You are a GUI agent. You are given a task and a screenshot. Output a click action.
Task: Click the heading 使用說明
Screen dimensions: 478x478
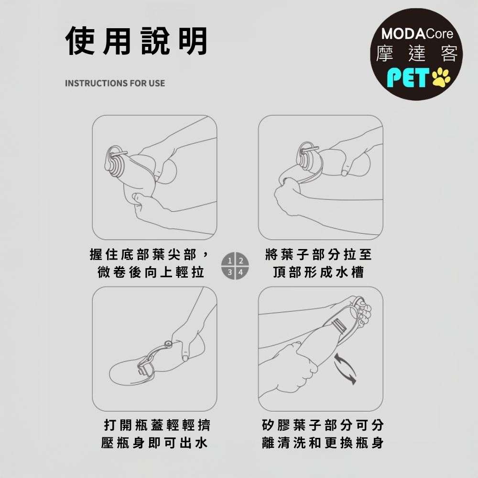click(136, 41)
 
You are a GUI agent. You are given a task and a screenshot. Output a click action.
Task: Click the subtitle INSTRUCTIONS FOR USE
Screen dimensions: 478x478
click(115, 83)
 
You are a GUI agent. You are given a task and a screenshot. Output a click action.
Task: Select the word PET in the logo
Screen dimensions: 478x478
click(408, 77)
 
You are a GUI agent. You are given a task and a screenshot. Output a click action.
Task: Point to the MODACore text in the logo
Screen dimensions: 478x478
click(417, 33)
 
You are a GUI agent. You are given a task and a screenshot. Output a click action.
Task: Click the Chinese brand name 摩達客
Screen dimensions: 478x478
click(417, 54)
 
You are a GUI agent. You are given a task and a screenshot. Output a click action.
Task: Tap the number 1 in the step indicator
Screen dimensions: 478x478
click(230, 261)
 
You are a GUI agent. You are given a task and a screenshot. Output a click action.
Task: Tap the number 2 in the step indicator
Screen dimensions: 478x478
click(241, 261)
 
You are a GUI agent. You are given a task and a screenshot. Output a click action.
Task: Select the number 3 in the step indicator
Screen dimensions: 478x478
click(230, 272)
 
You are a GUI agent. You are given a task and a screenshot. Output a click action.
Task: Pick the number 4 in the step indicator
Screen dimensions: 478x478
click(241, 272)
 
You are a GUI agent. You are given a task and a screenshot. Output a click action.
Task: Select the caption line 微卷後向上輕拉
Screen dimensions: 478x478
click(151, 272)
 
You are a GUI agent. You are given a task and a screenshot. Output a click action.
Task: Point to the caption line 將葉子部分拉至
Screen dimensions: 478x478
click(318, 254)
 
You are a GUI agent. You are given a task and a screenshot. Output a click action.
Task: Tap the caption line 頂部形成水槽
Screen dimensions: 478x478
click(318, 272)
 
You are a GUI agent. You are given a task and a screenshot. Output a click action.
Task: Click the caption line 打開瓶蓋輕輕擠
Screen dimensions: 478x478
click(157, 425)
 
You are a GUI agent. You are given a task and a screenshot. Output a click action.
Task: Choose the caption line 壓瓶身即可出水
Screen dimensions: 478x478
click(154, 443)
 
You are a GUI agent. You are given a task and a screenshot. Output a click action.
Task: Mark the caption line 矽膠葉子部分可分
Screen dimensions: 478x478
click(323, 425)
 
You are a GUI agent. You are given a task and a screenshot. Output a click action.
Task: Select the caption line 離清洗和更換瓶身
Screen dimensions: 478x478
click(323, 443)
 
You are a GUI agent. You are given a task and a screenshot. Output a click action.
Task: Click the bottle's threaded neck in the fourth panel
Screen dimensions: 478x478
click(339, 326)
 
